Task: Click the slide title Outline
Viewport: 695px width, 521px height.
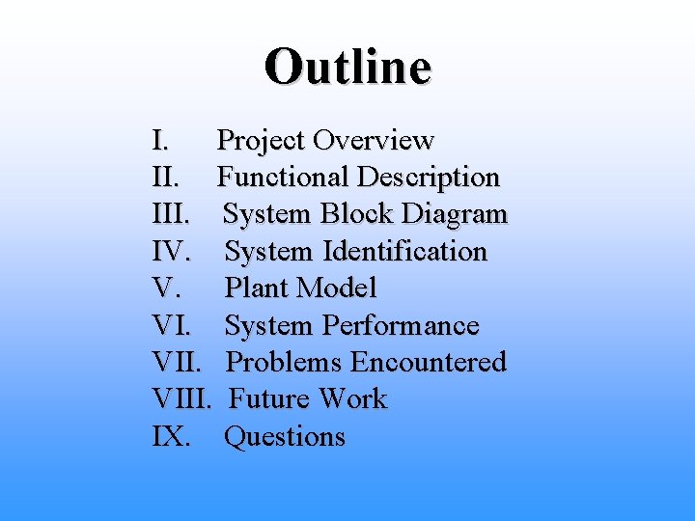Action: pos(347,67)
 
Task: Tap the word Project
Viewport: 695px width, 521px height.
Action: pos(261,141)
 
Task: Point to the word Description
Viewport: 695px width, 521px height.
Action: pos(428,178)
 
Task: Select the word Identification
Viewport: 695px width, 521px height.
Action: pos(404,252)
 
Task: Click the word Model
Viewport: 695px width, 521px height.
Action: pos(337,288)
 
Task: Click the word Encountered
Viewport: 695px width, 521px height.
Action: pos(428,363)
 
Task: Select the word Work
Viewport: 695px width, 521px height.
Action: pos(353,399)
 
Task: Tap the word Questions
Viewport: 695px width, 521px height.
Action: pos(285,437)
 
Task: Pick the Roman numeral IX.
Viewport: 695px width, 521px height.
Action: pos(170,437)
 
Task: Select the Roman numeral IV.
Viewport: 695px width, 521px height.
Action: pos(174,252)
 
